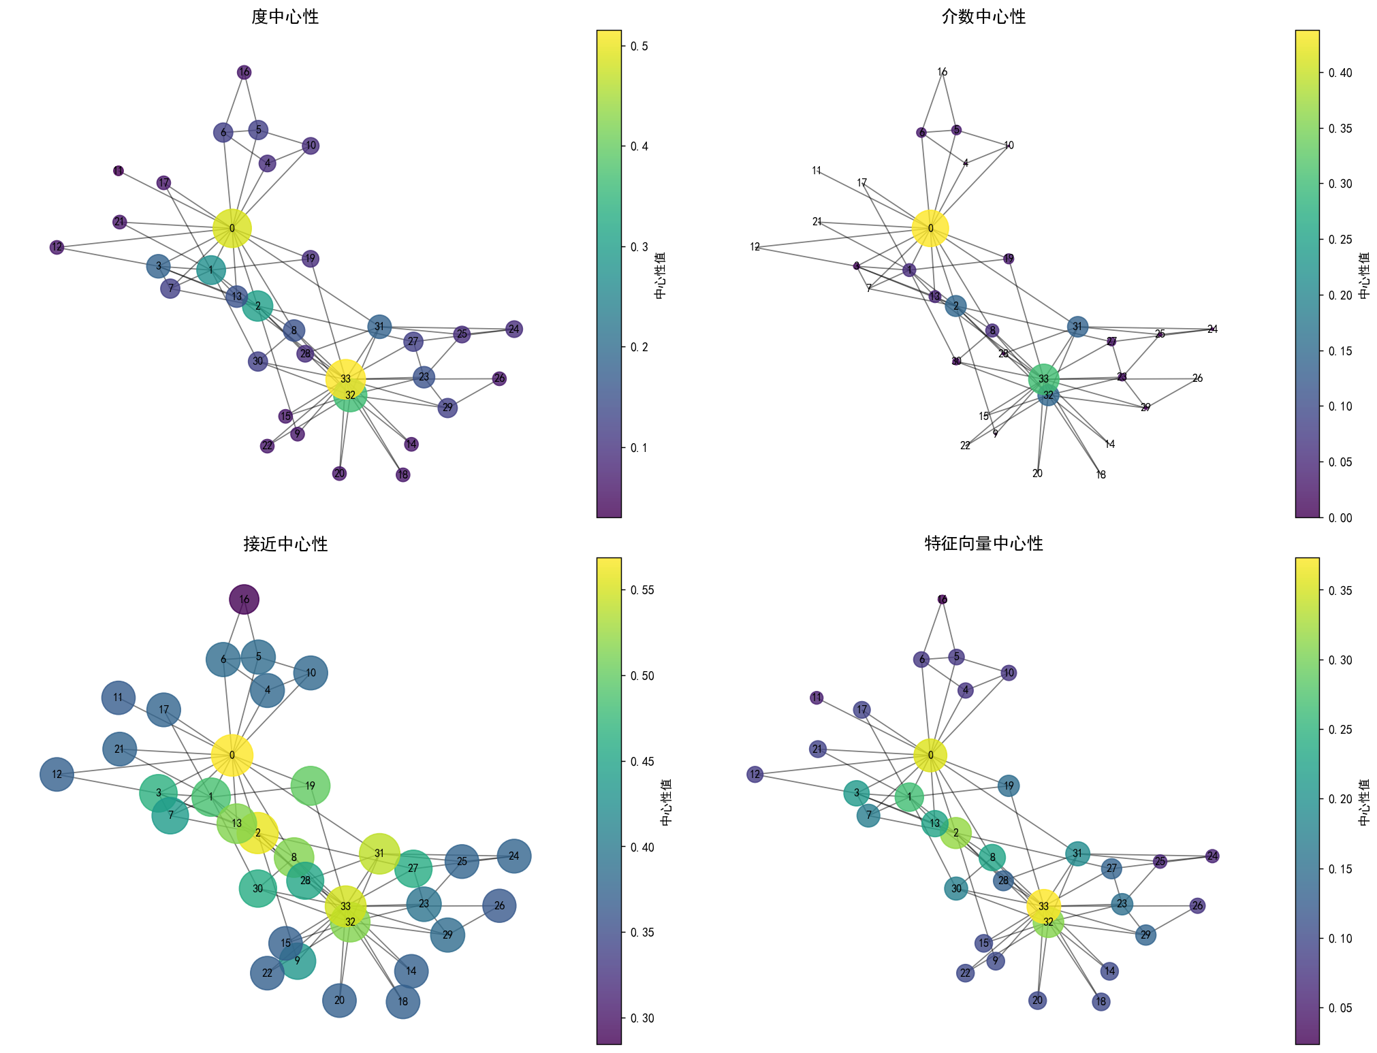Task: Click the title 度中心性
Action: pos(285,16)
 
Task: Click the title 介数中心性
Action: pos(983,16)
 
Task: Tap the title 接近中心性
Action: pos(285,544)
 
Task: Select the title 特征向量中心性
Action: pos(983,543)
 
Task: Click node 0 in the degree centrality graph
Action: pos(232,228)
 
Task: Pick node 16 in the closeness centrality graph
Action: pos(244,600)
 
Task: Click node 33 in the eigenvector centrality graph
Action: pos(1043,906)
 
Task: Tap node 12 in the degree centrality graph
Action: pos(57,247)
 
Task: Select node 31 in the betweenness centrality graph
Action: pos(1077,327)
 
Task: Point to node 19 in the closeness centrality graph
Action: pos(311,786)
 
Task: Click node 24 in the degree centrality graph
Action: pos(514,329)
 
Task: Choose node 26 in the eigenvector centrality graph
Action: pos(1197,906)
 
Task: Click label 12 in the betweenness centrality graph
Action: pos(755,247)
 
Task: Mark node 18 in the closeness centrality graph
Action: pos(402,1002)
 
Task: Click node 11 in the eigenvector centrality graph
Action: pos(817,698)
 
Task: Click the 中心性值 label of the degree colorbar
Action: pos(660,275)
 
